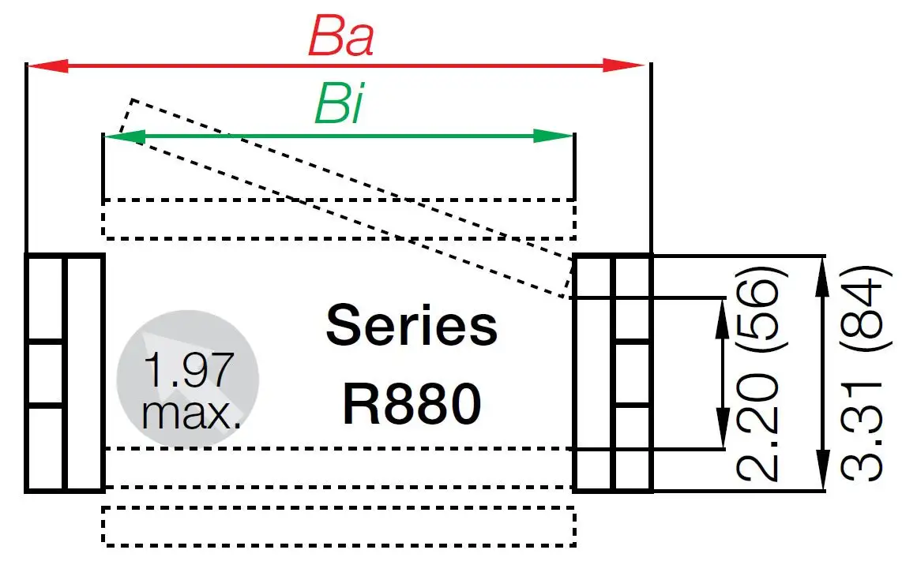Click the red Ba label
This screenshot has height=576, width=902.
pos(340,36)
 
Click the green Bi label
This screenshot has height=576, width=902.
pos(339,105)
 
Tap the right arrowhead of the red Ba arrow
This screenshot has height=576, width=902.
pos(627,65)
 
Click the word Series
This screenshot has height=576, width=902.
pos(412,326)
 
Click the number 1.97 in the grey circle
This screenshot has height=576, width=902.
pos(187,368)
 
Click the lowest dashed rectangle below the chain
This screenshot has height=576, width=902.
pos(338,526)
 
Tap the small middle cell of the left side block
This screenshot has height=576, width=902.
pos(45,373)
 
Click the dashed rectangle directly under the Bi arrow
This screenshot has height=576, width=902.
pos(338,219)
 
